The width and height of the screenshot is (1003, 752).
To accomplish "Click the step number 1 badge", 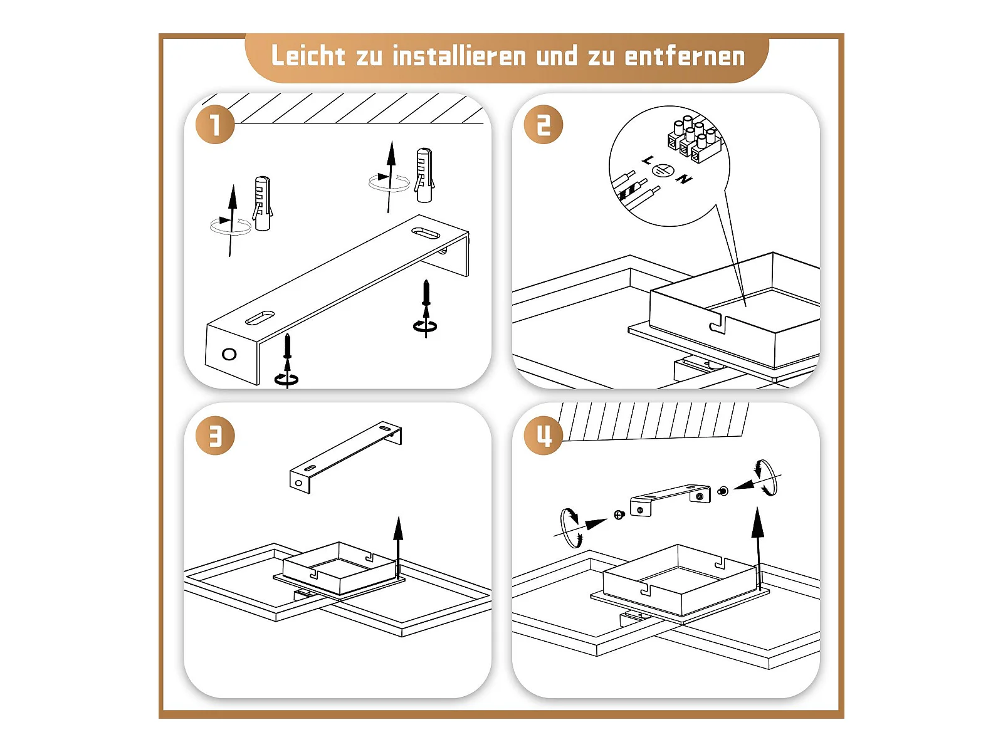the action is pyautogui.click(x=215, y=124).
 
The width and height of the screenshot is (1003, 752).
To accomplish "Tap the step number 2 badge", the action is pyautogui.click(x=543, y=124).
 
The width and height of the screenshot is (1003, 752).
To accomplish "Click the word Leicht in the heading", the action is pyautogui.click(x=308, y=56).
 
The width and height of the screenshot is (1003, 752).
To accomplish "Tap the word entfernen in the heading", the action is pyautogui.click(x=685, y=56).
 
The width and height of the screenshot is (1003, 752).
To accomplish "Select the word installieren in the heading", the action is pyautogui.click(x=459, y=56).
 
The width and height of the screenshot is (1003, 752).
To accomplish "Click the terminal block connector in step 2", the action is pyautogui.click(x=695, y=139).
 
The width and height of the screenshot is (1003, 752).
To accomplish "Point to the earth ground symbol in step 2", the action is pyautogui.click(x=663, y=170).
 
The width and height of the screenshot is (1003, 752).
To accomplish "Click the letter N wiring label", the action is pyautogui.click(x=684, y=179).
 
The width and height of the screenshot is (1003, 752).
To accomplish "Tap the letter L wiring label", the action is pyautogui.click(x=648, y=160).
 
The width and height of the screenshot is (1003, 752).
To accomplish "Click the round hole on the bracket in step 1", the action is pyautogui.click(x=229, y=354).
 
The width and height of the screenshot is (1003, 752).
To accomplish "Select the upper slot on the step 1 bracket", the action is pyautogui.click(x=426, y=233).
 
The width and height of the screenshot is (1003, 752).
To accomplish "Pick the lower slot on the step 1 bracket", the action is pyautogui.click(x=260, y=317).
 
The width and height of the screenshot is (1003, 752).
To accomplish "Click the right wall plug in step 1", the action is pyautogui.click(x=424, y=175).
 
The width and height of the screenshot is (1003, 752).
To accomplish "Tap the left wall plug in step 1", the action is pyautogui.click(x=262, y=203).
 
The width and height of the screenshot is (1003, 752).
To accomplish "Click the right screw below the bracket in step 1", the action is pyautogui.click(x=426, y=309).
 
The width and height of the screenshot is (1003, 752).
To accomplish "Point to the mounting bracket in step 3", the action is pyautogui.click(x=345, y=457).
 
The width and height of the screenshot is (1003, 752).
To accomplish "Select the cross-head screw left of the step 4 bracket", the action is pyautogui.click(x=619, y=515).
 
